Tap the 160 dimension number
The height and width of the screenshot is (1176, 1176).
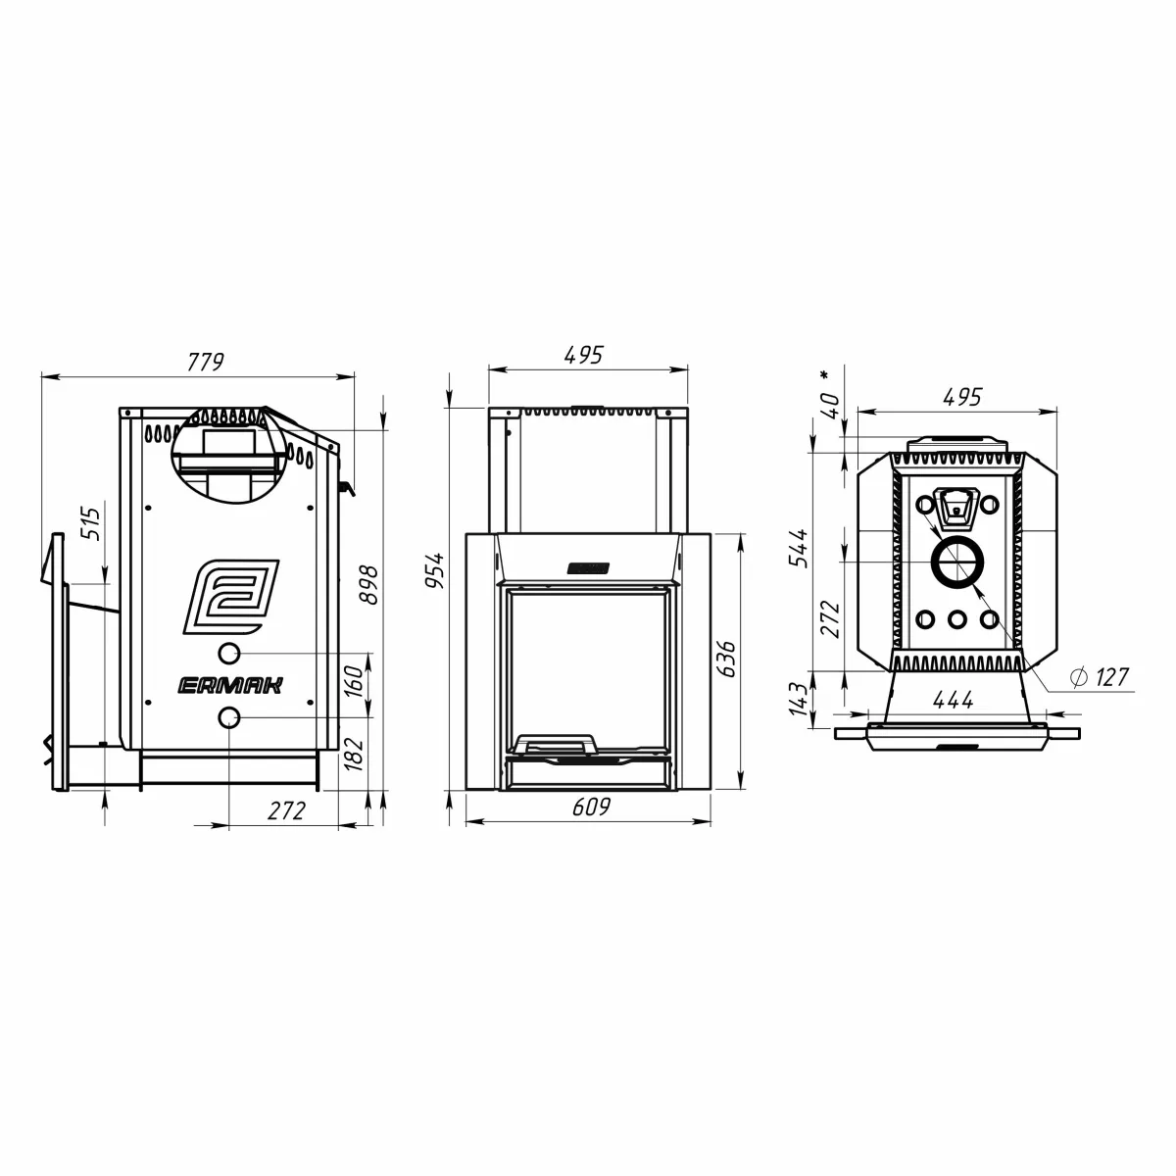[x=356, y=677]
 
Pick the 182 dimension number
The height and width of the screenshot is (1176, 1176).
[x=356, y=754]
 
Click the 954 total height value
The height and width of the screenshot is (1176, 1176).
[x=435, y=569]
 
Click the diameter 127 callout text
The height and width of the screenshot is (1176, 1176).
[x=1100, y=676]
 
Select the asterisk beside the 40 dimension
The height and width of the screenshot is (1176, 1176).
[x=825, y=373]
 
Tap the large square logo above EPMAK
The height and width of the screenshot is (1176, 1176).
[x=232, y=597]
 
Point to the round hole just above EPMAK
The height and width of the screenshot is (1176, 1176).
[x=228, y=653]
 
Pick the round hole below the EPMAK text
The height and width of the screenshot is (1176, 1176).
[x=228, y=718]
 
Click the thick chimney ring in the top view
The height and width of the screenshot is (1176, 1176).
[x=954, y=563]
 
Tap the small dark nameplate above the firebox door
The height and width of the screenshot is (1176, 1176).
[x=588, y=567]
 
